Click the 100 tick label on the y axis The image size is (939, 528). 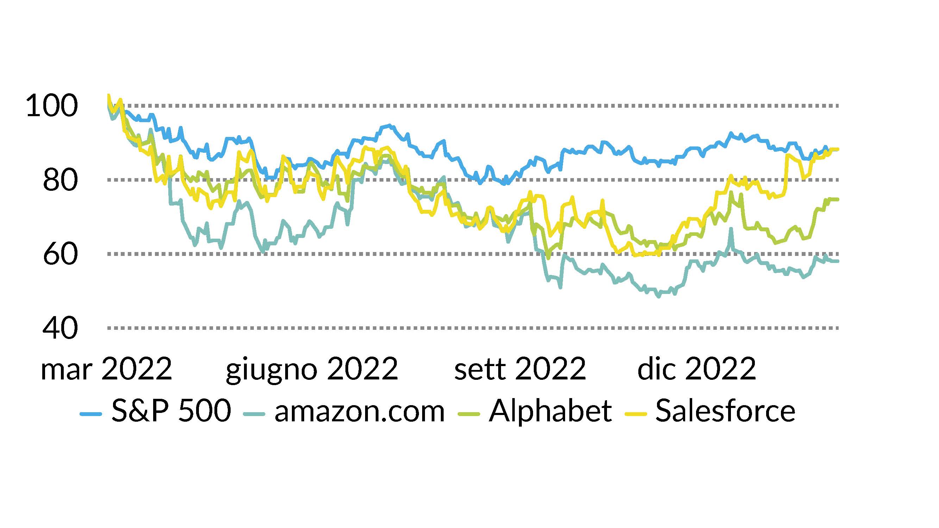[x=52, y=106]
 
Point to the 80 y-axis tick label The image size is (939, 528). [x=60, y=180]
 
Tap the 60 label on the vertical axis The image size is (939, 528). [x=60, y=254]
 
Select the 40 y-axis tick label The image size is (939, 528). [x=60, y=328]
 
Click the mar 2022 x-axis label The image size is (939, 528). [x=106, y=369]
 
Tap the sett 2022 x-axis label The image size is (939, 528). [x=520, y=369]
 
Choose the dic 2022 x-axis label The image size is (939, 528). [x=697, y=369]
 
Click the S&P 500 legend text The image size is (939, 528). [x=171, y=411]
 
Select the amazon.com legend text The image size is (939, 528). [x=359, y=411]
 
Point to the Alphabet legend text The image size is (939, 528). [x=550, y=411]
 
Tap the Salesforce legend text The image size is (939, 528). [x=725, y=411]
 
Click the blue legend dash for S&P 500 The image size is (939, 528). [x=90, y=414]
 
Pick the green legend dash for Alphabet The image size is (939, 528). [x=468, y=414]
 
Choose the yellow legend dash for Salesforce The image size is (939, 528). [x=636, y=414]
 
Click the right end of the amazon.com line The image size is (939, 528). [x=838, y=261]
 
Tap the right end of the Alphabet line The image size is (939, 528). [x=838, y=199]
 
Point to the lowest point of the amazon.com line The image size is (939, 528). [x=658, y=297]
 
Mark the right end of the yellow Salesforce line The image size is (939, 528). [x=838, y=149]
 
